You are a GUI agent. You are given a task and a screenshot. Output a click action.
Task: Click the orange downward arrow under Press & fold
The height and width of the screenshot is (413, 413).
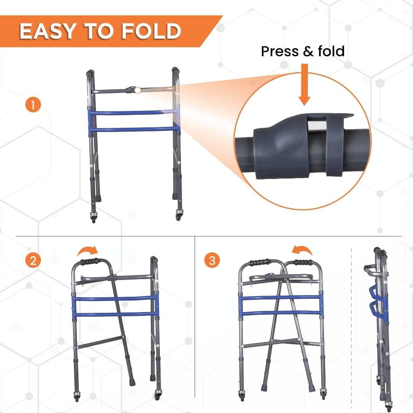pyautogui.click(x=304, y=85)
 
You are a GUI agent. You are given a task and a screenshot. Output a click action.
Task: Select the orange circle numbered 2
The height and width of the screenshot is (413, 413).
pyautogui.click(x=33, y=261)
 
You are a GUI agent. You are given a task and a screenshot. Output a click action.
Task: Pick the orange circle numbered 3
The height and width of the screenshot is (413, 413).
pyautogui.click(x=212, y=261)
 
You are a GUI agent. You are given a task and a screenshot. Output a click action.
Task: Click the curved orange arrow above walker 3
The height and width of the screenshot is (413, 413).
pyautogui.click(x=302, y=250)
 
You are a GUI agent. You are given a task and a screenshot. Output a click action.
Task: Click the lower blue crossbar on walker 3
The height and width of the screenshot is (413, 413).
pyautogui.click(x=281, y=312)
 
